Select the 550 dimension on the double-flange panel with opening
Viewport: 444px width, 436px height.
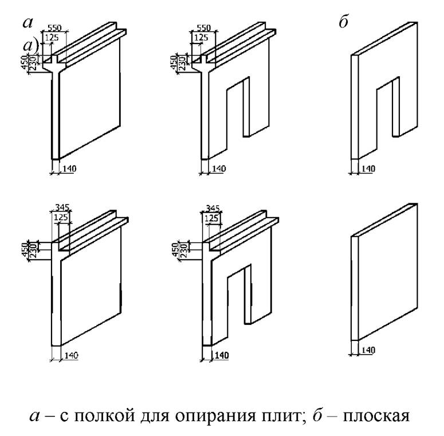204,27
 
